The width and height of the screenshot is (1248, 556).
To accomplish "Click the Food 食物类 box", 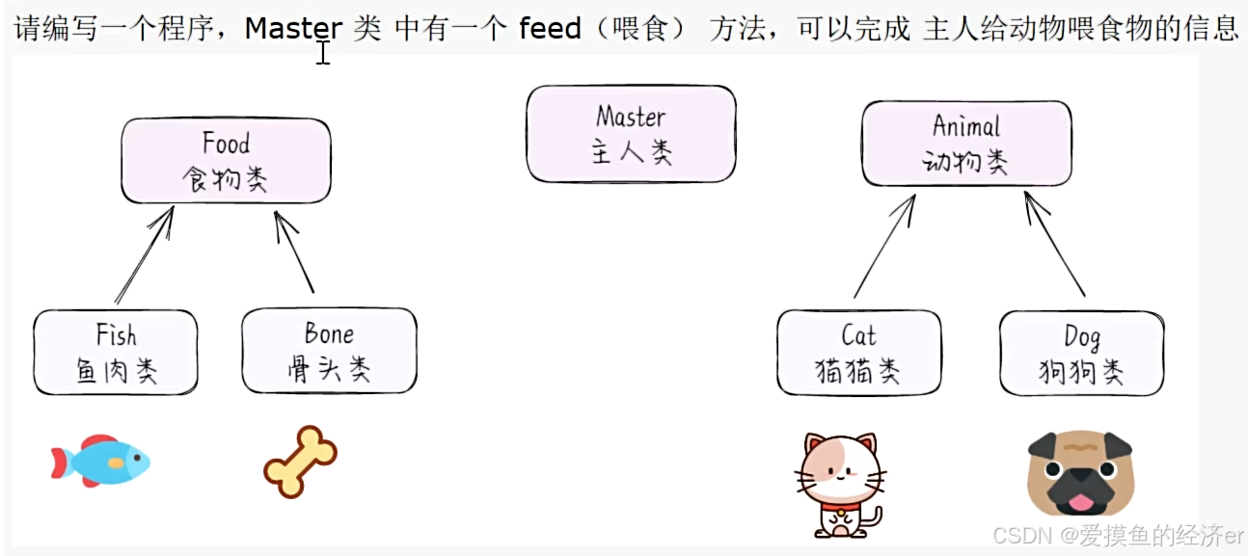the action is point(226,161).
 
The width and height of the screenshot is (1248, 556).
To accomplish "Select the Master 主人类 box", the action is point(631,134).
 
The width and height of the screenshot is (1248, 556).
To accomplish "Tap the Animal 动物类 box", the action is point(966,143).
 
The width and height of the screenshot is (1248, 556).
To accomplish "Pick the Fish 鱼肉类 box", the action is point(116,352).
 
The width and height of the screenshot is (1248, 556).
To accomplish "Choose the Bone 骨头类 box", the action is point(329,351).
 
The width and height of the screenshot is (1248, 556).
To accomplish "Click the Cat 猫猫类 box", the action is point(858,352).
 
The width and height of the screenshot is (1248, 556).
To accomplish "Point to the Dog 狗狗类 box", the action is point(1081,353).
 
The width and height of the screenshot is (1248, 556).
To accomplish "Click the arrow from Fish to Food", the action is point(144,255).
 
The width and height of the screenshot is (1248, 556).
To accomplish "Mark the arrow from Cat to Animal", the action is point(884,246).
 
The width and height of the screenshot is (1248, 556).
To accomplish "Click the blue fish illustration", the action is point(101,461).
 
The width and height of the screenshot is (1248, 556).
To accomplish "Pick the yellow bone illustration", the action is point(300,462).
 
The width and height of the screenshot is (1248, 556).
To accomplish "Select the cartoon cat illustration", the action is point(840,483).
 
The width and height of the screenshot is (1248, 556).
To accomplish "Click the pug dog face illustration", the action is point(1080,472).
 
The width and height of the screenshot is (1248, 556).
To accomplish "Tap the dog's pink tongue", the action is point(1080,503).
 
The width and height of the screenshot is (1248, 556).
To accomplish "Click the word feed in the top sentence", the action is point(550,28).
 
